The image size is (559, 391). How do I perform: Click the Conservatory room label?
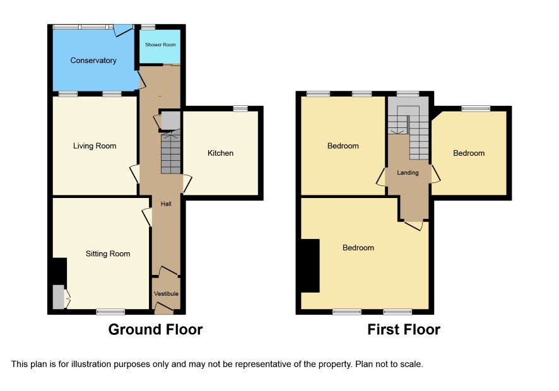click(93, 61)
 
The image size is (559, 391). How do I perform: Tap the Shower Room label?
click(160, 45)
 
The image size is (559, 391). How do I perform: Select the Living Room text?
click(95, 146)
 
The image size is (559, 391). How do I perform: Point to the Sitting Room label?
click(108, 254)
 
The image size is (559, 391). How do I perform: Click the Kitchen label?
click(220, 153)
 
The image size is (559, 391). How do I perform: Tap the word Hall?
click(166, 204)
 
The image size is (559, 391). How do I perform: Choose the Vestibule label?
click(166, 294)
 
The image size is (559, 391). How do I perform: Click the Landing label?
click(408, 173)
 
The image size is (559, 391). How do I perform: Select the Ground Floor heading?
click(155, 330)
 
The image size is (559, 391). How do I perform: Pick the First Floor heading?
click(404, 330)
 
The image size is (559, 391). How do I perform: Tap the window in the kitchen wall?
click(240, 108)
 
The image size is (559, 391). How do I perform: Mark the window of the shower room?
click(148, 26)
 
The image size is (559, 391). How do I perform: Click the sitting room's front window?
click(110, 312)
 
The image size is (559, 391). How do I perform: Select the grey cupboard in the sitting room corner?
click(59, 296)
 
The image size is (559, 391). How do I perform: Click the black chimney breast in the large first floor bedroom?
click(310, 266)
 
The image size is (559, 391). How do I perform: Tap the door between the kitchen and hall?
click(187, 184)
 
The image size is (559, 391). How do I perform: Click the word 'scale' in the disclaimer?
click(413, 365)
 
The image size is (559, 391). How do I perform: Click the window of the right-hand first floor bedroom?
click(476, 108)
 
